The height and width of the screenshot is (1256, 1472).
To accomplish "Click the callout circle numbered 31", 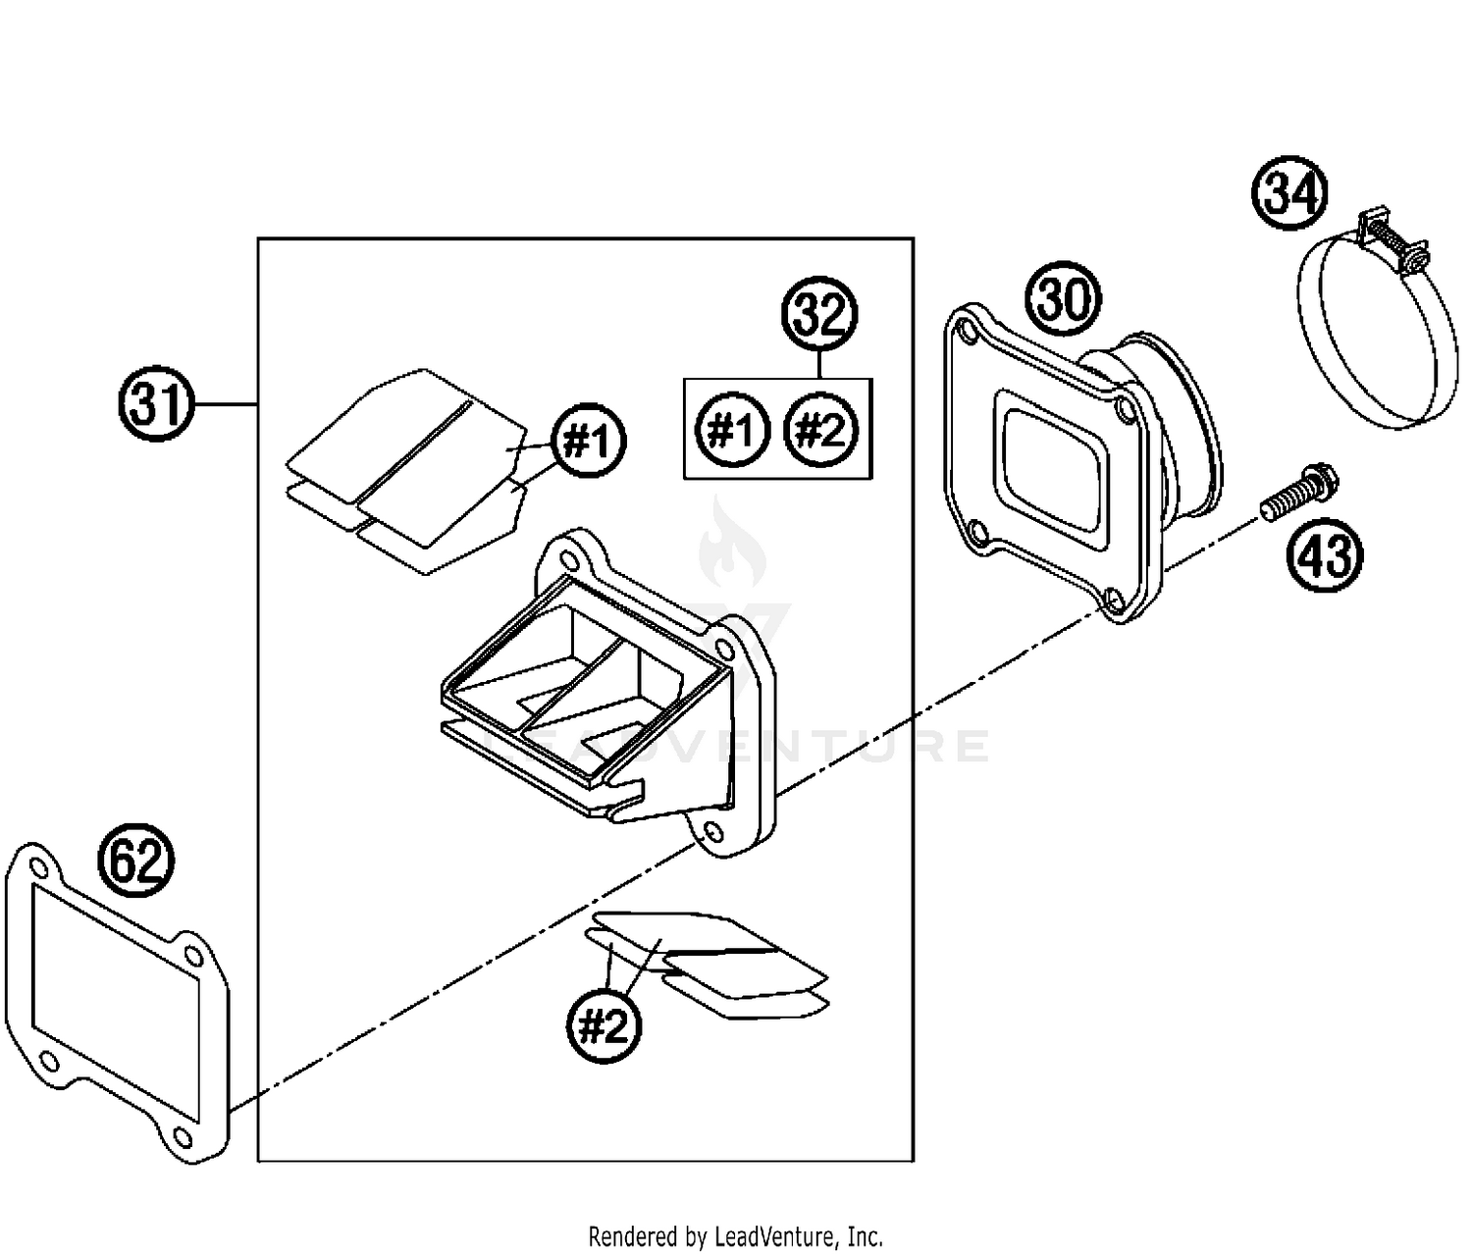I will click(x=157, y=404).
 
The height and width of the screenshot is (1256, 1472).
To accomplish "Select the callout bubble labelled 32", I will click(x=819, y=315).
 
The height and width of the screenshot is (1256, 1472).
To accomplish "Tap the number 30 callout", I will click(x=1064, y=299).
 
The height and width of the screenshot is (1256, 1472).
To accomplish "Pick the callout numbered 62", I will click(x=136, y=863).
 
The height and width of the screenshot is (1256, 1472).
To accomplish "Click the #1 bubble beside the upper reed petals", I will click(x=589, y=442).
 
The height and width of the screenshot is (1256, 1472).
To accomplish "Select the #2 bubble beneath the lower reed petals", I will click(x=604, y=1027).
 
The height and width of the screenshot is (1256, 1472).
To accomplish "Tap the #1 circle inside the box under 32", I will click(x=731, y=430).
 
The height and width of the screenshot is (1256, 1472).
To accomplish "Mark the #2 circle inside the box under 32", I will click(x=821, y=430).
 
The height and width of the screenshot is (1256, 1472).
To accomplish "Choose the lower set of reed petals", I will click(x=711, y=962).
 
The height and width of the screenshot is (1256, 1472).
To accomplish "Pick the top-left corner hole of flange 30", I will click(x=970, y=333).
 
